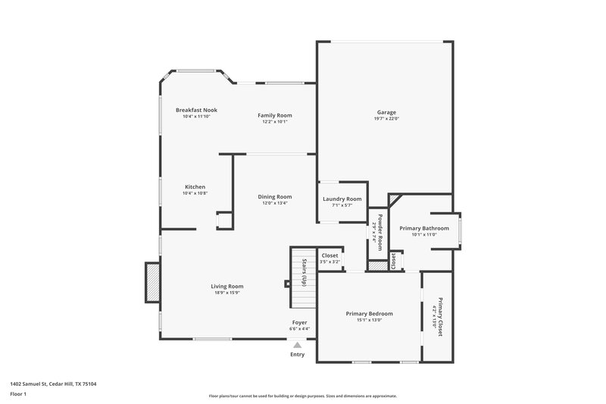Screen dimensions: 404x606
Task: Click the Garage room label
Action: click(386, 112)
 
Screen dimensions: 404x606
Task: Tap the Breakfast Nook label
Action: click(195, 110)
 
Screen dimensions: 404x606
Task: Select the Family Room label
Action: click(274, 115)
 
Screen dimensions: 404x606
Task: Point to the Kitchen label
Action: click(195, 187)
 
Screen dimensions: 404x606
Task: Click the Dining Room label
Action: click(274, 196)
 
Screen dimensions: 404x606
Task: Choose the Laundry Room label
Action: click(342, 199)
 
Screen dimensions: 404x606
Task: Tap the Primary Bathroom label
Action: click(424, 228)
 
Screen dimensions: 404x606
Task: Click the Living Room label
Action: click(226, 287)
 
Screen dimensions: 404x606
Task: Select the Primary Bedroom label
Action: click(370, 314)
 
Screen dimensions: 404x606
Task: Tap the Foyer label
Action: click(300, 322)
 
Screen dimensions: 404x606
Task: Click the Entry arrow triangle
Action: click(297, 344)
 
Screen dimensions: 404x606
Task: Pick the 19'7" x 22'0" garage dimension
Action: click(386, 119)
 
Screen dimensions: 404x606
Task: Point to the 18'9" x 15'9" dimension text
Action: click(226, 293)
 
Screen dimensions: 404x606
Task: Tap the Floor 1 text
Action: click(18, 395)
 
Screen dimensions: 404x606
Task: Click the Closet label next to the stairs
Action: click(330, 256)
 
